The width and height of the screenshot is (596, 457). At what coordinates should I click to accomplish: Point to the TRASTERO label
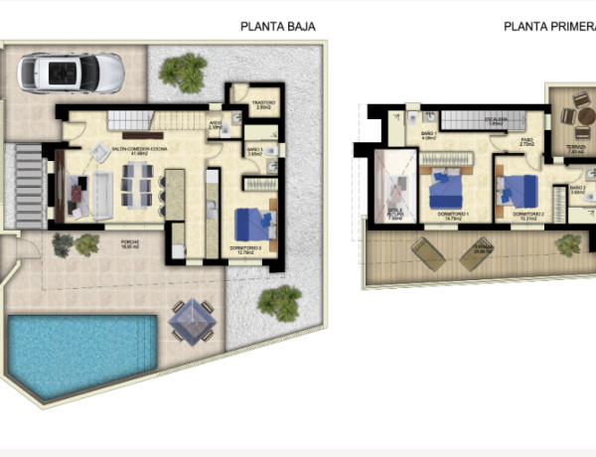(262, 103)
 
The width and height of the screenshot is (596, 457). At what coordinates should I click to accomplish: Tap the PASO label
(526, 141)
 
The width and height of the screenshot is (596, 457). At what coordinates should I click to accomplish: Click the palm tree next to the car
(183, 72)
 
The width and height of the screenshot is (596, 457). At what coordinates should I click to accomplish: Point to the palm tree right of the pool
(281, 300)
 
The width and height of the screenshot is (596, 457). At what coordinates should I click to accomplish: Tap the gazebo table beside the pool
(191, 321)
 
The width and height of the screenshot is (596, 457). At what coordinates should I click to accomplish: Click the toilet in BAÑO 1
(412, 117)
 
